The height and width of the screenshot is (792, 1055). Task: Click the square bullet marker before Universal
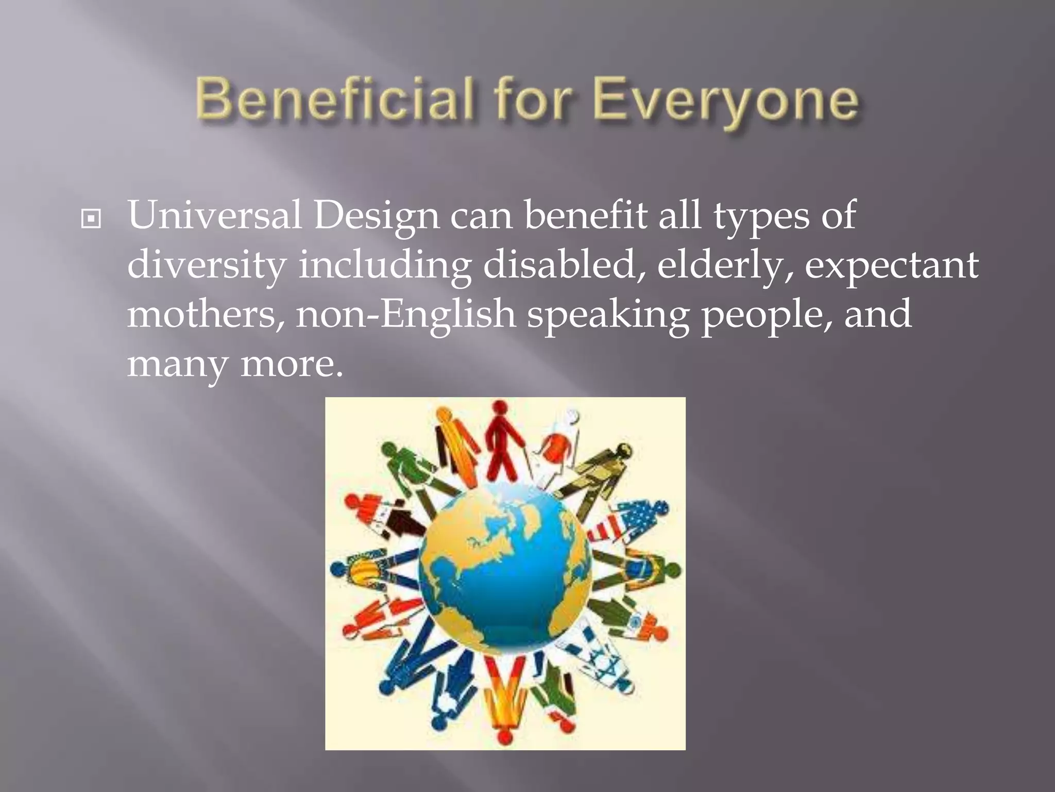tap(91, 219)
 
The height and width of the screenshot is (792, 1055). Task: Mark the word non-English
tap(405, 315)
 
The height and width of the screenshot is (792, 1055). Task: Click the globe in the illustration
tap(505, 570)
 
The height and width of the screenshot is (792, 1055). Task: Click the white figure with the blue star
tap(598, 660)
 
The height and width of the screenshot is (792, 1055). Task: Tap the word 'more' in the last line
tap(292, 364)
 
